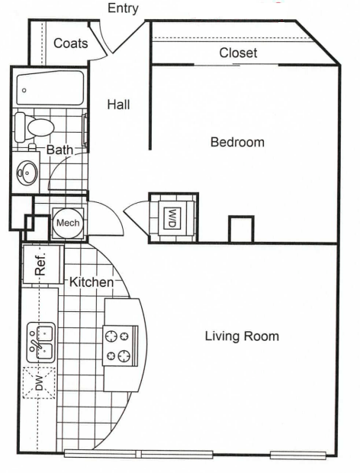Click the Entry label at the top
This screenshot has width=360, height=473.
pos(124,8)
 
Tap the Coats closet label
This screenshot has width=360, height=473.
pos(70,43)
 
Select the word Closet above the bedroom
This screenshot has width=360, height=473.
pos(238,53)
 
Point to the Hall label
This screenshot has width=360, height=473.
pos(117,105)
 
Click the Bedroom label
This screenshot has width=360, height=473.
pos(237,142)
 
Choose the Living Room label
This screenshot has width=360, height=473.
pos(242,336)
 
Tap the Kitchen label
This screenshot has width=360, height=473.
pos(92,283)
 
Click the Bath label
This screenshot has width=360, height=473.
pos(59,150)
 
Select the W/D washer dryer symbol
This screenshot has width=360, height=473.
pos(172,217)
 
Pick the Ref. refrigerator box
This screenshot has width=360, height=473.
pos(40,265)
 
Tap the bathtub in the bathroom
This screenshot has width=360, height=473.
pos(49,88)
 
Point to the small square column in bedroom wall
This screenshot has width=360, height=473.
pos(241,230)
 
